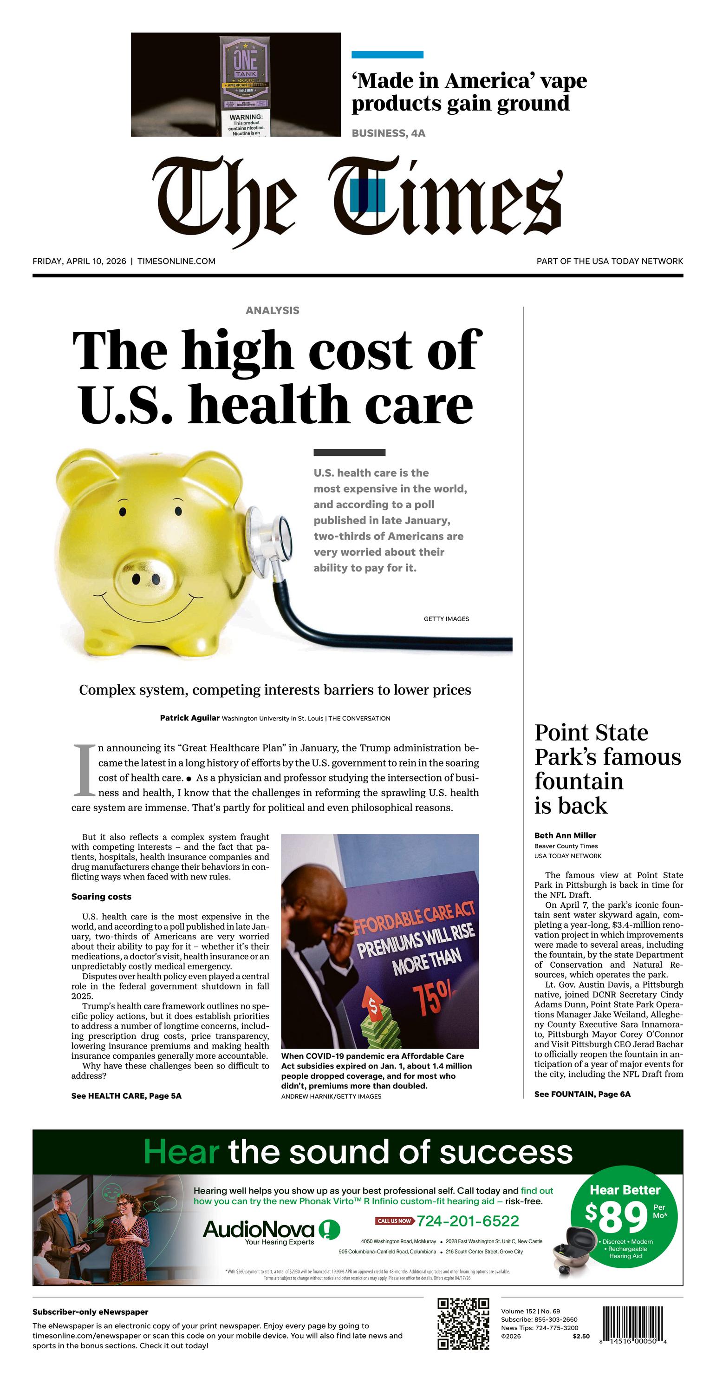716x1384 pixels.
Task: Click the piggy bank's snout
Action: coord(145,577)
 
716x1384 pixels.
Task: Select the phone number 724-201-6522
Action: coord(468,1221)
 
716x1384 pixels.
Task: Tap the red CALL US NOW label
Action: coord(394,1221)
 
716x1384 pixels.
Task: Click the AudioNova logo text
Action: coord(258,1229)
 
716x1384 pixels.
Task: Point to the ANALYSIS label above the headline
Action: coord(272,310)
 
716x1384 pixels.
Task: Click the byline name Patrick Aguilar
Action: coord(189,718)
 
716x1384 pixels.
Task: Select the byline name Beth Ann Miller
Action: coord(565,835)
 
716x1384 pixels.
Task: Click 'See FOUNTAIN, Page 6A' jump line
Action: coord(582,1094)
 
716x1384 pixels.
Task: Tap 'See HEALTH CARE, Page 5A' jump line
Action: coord(126,1095)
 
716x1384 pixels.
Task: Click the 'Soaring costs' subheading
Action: coord(101,897)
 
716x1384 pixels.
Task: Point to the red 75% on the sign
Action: coord(433,999)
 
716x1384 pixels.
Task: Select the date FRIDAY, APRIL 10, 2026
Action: coord(79,261)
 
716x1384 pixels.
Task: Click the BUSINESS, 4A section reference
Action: coord(388,133)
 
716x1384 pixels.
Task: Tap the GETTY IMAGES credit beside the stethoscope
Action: coord(446,619)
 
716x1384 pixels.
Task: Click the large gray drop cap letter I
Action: coord(83,770)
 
